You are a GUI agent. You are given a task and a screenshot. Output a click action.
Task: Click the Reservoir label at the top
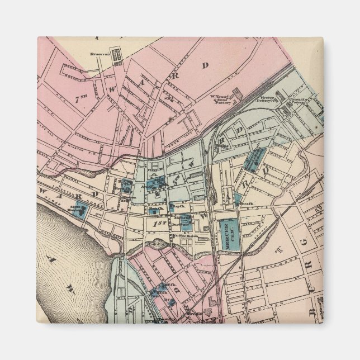(x=99, y=54)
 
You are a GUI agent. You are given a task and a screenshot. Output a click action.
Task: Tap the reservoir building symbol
(x=117, y=55)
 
